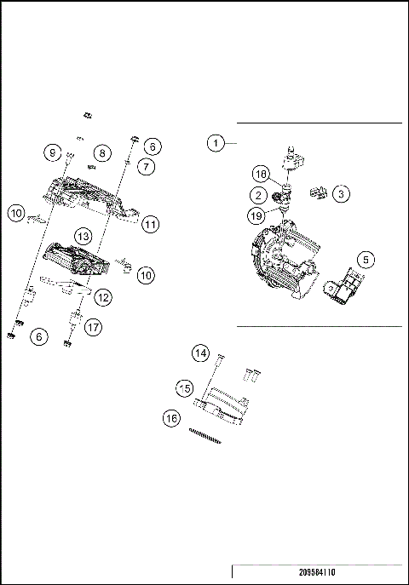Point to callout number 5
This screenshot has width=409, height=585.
click(365, 258)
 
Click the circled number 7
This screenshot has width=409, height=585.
click(147, 167)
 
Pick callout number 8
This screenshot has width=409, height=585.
click(101, 153)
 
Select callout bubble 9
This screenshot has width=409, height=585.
click(53, 153)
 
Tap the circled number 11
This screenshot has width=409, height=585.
click(151, 225)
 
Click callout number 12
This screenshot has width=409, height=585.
click(102, 297)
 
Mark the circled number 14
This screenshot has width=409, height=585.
click(199, 353)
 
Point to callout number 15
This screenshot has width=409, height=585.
click(183, 387)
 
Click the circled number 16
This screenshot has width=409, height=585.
click(173, 418)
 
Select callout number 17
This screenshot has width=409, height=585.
click(92, 324)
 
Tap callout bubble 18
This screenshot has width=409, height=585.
click(262, 174)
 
